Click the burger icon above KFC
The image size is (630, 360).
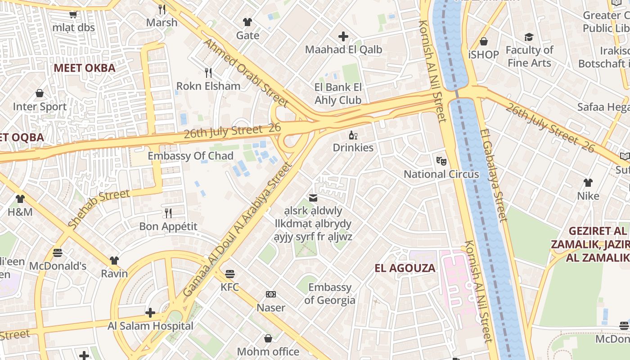click(x=230, y=274)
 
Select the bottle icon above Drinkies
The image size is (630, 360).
click(x=353, y=135)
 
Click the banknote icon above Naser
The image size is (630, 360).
click(x=270, y=294)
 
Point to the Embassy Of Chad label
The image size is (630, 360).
click(x=190, y=156)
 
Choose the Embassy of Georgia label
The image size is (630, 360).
click(x=329, y=294)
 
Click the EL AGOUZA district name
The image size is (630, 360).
click(x=405, y=268)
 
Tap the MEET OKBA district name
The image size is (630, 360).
click(x=85, y=68)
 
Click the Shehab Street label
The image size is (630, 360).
click(x=99, y=208)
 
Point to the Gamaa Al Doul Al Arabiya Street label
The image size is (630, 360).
click(x=238, y=229)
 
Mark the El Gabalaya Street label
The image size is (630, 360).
click(x=493, y=175)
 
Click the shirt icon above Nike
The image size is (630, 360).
click(x=588, y=183)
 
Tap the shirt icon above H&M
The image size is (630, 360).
click(x=20, y=198)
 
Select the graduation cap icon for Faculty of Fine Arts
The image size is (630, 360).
click(x=529, y=37)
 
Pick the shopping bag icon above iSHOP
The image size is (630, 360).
click(x=484, y=41)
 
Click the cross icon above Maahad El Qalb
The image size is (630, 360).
click(x=343, y=36)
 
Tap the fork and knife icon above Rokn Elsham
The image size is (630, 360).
click(x=208, y=72)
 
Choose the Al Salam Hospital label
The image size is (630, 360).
click(x=150, y=326)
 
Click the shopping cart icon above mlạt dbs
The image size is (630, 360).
click(x=73, y=14)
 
